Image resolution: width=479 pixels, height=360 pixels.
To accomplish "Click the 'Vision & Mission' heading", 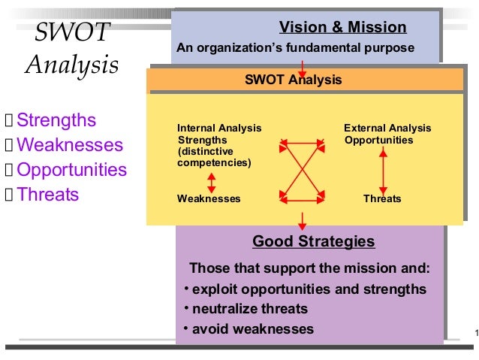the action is point(343,29).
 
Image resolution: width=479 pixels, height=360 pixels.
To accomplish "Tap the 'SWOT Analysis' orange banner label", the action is point(293,80).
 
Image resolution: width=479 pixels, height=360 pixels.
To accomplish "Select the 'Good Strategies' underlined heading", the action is point(313,242).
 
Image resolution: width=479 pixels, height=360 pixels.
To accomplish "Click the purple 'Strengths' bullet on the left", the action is point(56,120).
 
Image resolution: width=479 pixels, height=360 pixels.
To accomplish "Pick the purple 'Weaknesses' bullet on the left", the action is point(69,145).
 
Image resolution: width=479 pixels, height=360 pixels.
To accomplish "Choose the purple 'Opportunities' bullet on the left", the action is point(71,170).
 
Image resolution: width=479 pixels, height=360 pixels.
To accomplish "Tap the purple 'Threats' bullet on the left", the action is point(47,195).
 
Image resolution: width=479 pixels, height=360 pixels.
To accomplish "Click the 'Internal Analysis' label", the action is point(219,129).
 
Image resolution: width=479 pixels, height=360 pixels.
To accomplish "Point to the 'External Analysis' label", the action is point(387,129).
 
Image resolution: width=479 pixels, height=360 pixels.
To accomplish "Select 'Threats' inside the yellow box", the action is point(382,199).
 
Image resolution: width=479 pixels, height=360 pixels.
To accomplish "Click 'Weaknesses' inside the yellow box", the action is point(209,199).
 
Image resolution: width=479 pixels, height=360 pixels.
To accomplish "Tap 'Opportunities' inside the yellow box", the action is point(378,141).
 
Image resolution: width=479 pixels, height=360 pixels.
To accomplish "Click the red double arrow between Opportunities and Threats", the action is point(384,169).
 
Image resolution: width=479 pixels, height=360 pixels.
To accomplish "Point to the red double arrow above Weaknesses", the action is point(212,183).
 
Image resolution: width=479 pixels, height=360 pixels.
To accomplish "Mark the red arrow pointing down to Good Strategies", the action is point(303,220).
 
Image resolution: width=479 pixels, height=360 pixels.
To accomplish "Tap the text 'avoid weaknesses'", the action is point(253,329).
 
